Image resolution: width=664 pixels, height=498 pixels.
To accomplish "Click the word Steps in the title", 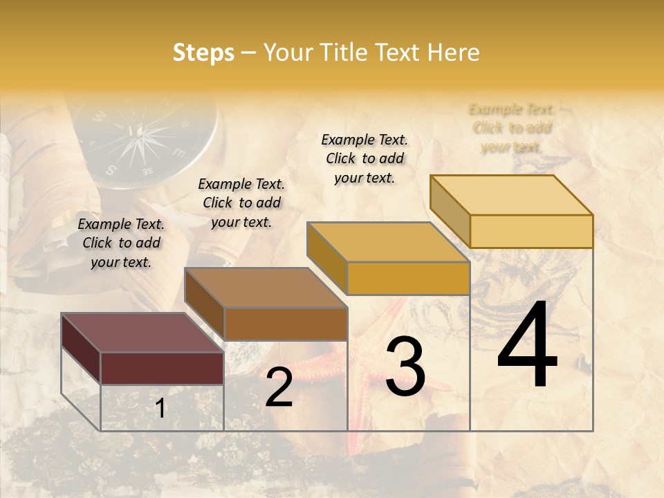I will (203, 53).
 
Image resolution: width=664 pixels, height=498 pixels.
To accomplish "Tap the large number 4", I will (527, 346).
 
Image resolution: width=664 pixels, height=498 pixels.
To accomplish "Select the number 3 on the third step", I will (405, 367).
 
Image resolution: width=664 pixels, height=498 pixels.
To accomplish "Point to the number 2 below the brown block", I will (279, 388).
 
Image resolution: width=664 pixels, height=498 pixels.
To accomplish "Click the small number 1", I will (160, 409).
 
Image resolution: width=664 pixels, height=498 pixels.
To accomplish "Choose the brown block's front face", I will (285, 324).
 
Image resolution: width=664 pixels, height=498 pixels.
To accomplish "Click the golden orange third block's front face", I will (408, 279).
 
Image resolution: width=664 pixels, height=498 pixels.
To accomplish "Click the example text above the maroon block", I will (121, 243).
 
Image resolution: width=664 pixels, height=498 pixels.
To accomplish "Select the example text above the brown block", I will (241, 203).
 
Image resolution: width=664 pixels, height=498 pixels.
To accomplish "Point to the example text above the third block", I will (365, 158).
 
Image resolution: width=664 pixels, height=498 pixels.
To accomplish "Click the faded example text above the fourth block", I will (512, 128).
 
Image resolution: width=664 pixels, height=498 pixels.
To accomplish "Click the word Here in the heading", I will (454, 53).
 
